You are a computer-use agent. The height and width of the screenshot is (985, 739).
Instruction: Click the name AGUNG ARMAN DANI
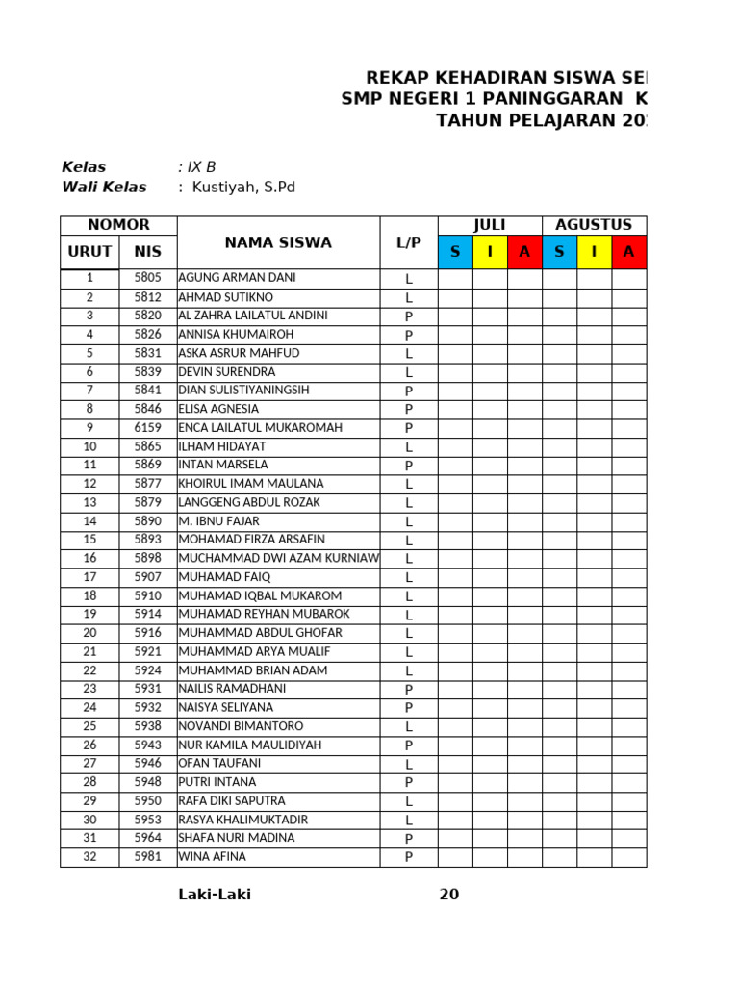(x=237, y=278)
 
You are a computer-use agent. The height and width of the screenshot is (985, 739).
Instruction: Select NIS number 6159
(x=147, y=428)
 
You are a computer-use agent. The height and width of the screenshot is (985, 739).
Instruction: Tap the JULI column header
(x=490, y=225)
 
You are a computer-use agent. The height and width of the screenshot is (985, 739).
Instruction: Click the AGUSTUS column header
(x=594, y=225)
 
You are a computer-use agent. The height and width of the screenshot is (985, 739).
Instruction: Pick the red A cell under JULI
(x=524, y=252)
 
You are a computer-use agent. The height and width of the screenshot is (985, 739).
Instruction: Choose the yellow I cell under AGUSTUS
(x=594, y=252)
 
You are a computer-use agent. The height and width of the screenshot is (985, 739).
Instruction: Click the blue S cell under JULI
(x=455, y=252)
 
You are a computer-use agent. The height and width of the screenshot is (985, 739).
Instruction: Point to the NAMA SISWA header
(x=278, y=242)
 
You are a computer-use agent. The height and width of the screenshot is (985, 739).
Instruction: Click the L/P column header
(x=409, y=242)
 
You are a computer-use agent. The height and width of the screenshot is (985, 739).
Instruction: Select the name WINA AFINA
(x=212, y=857)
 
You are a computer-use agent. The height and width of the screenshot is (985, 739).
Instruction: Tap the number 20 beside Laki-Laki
(x=449, y=895)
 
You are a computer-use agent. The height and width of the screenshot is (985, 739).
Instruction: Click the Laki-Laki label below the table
(x=215, y=895)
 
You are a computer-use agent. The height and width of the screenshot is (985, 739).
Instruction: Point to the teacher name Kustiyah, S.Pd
(x=243, y=188)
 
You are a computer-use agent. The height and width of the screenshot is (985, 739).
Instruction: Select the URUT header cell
(x=89, y=252)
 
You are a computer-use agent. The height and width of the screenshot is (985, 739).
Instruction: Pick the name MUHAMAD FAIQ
(x=224, y=577)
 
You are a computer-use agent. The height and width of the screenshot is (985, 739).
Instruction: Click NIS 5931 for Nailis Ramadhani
(x=147, y=689)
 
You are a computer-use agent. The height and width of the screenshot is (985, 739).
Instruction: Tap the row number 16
(x=89, y=558)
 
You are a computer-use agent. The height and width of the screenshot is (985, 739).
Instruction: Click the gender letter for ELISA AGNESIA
(x=409, y=409)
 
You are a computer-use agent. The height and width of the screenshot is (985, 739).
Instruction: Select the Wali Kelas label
(x=104, y=188)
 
